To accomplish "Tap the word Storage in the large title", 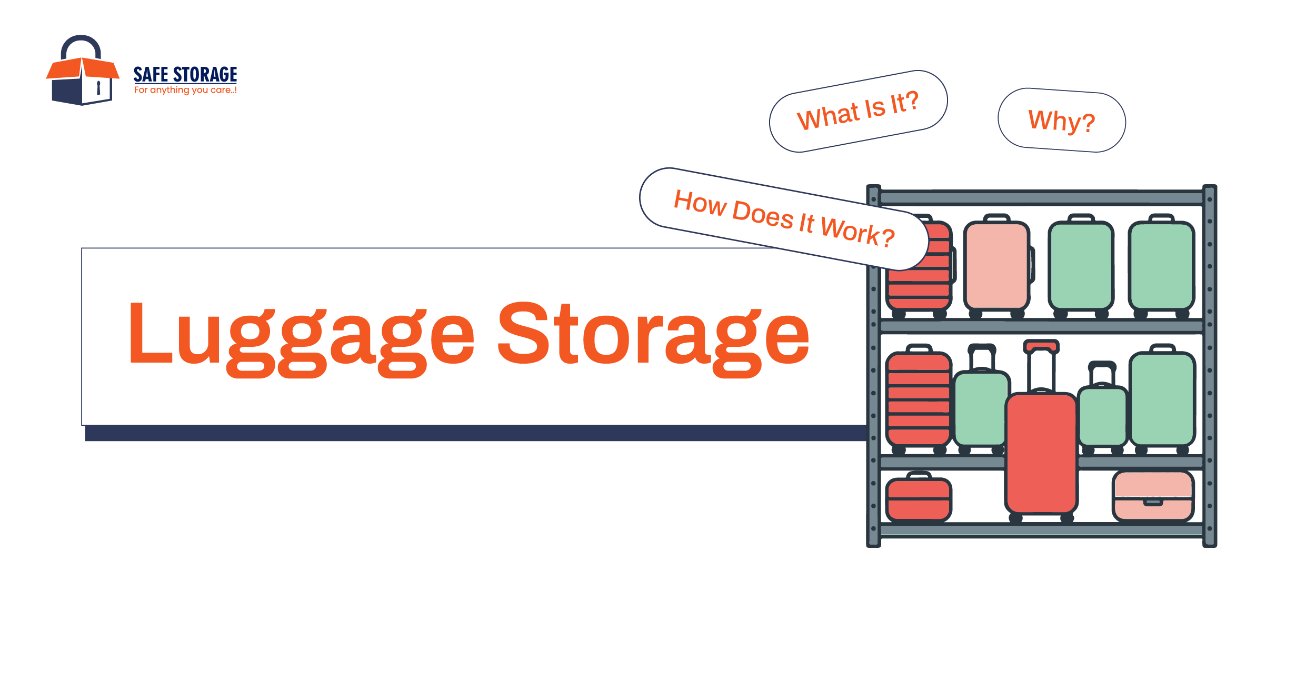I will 653,337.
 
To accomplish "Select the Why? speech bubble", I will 1061,121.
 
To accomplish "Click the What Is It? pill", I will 858,111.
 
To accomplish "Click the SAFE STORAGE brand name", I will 185,74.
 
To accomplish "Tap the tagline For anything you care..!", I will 185,90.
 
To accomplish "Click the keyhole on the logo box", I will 98,88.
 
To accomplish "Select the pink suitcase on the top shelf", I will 996,266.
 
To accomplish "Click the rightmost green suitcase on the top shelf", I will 1161,266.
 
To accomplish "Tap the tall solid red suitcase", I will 1041,453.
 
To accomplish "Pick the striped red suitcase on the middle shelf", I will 919,400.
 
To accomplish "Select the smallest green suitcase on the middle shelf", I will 1102,416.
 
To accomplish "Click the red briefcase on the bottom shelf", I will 919,499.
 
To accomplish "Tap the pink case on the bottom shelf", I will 1153,496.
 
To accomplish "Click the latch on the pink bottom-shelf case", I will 1153,502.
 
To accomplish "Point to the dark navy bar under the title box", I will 474,433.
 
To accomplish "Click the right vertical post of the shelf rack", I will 1210,368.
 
